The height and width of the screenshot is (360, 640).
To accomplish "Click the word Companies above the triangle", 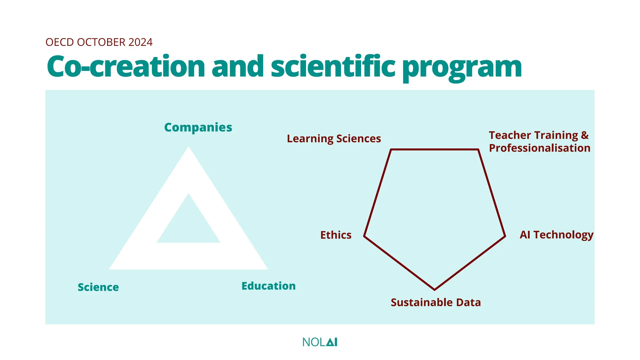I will [198, 127].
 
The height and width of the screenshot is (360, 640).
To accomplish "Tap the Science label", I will [98, 287].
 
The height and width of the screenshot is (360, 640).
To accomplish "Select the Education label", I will [268, 286].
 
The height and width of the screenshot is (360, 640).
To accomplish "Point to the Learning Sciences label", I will [334, 138].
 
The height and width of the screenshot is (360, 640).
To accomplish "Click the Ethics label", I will [336, 235].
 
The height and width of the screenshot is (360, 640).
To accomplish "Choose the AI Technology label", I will [556, 235].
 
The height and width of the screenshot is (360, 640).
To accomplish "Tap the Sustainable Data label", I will [436, 302].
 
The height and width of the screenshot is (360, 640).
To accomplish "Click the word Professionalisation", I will [539, 148].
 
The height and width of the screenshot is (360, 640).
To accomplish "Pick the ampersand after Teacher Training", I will [585, 135].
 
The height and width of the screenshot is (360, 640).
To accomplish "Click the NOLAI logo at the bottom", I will [320, 342].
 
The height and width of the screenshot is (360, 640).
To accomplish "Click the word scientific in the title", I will [333, 66].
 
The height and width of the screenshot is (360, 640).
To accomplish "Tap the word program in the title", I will [462, 67].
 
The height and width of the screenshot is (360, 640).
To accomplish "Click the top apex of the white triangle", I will [188, 147].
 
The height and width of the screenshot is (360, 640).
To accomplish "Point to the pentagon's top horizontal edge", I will [434, 150].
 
